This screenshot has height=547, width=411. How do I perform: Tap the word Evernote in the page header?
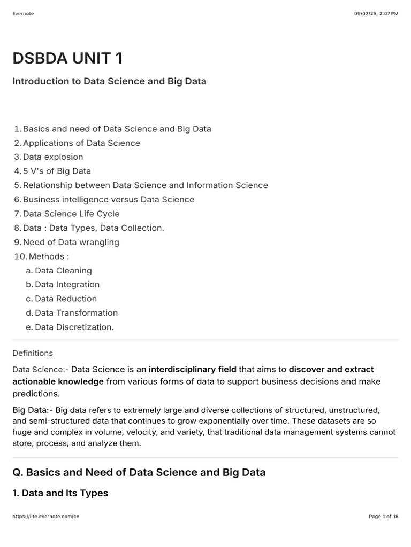point(23,14)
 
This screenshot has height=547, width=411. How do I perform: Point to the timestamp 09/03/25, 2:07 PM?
point(376,14)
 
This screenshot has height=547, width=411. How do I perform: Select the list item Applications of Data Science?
point(81,143)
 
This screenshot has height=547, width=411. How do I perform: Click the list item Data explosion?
point(53,157)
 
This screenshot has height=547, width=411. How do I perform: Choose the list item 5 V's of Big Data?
point(57,171)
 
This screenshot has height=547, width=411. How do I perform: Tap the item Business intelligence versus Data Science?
point(109,199)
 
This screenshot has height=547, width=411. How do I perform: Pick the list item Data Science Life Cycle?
point(71,214)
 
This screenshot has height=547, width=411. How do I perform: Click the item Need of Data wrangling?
point(71,242)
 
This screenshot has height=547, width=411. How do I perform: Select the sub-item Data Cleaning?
point(63,270)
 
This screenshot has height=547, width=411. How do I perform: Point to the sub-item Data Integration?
point(67,284)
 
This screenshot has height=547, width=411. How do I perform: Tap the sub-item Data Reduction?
point(66,299)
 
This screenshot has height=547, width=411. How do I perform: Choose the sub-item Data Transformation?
point(76,312)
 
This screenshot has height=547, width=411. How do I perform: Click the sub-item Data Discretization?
point(74,327)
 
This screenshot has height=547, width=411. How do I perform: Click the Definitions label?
point(33,353)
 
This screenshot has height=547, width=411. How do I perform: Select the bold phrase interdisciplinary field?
point(192,369)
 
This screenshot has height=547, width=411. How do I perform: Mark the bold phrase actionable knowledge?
point(58,381)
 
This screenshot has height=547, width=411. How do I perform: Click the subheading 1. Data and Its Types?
point(60,493)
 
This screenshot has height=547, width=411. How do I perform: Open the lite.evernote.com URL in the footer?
point(45,517)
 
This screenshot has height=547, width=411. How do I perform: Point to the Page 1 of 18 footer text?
point(384,517)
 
